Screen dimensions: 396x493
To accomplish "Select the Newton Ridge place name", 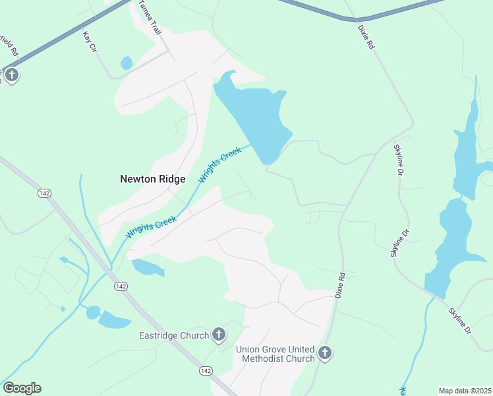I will (x=152, y=179).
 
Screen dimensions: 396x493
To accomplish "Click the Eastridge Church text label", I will (x=174, y=335).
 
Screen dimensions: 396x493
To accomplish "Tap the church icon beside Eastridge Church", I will (x=219, y=335).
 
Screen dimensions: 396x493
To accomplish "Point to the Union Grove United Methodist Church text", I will (x=277, y=354).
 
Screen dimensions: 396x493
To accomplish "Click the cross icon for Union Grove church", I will (x=324, y=354).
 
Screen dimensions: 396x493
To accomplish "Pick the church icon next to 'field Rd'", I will (x=11, y=75).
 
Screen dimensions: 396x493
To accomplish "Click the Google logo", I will (x=22, y=388).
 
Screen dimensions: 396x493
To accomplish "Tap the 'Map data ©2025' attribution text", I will (x=465, y=391).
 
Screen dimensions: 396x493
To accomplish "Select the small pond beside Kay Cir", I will (x=126, y=63).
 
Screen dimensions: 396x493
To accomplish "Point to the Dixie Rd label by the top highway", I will (x=366, y=38).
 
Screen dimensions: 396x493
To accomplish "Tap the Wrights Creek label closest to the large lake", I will (x=220, y=164).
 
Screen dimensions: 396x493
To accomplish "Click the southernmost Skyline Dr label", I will (x=460, y=320).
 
